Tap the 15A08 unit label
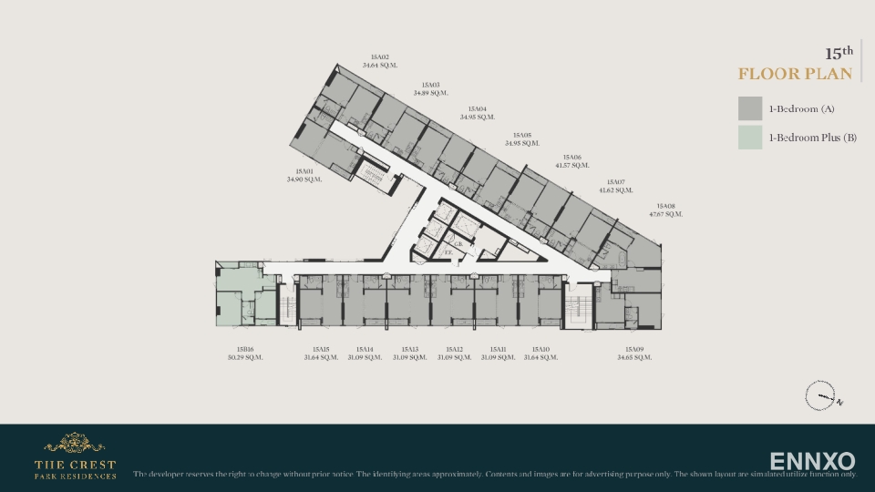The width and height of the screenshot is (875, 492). tap(665, 206)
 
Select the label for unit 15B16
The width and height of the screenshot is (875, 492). tap(245, 349)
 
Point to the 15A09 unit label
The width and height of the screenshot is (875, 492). tap(634, 349)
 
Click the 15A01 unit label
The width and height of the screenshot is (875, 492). tap(304, 171)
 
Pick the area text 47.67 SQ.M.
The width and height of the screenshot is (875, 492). tap(665, 214)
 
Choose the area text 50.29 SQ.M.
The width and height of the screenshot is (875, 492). tap(245, 357)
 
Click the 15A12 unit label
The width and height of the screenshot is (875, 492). tap(454, 349)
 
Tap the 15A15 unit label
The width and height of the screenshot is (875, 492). tap(321, 349)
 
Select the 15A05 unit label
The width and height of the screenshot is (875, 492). tap(522, 135)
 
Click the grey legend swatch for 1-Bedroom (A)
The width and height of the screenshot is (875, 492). tap(750, 108)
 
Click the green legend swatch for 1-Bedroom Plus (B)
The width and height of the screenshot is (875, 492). tap(750, 138)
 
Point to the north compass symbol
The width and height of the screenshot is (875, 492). tap(819, 396)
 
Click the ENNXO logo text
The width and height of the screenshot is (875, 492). tap(812, 460)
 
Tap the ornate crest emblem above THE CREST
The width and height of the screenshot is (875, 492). tap(75, 444)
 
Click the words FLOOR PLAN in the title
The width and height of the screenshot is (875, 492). tap(795, 74)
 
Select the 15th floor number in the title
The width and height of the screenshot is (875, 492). tap(839, 53)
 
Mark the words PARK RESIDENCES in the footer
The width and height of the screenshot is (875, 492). tap(75, 476)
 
